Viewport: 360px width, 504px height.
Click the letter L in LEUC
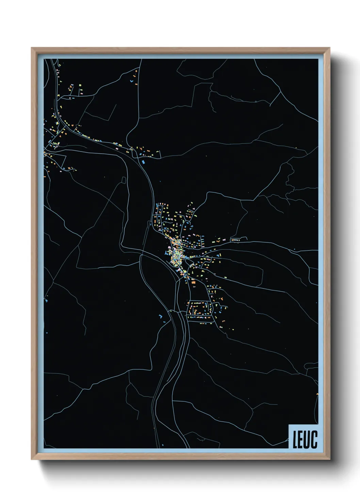pos(295,439)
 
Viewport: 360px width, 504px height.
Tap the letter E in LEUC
pos(301,439)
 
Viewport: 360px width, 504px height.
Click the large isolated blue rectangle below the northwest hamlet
pos(143,162)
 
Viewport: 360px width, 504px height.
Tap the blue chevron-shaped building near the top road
pos(131,81)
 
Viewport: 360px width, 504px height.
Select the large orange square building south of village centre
pos(193,282)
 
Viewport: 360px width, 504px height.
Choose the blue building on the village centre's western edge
pos(167,253)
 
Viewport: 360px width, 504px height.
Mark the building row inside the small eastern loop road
pos(235,240)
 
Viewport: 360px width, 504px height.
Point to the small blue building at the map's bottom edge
pos(163,445)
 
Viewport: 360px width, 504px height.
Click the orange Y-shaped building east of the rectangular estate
pos(221,299)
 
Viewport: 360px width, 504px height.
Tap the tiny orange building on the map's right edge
pos(317,394)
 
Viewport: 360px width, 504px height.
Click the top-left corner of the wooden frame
pos(32,48)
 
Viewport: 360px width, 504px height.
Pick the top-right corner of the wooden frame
pos(330,48)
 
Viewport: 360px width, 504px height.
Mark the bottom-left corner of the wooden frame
pos(32,459)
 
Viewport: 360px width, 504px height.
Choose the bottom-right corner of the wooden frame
pos(330,459)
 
